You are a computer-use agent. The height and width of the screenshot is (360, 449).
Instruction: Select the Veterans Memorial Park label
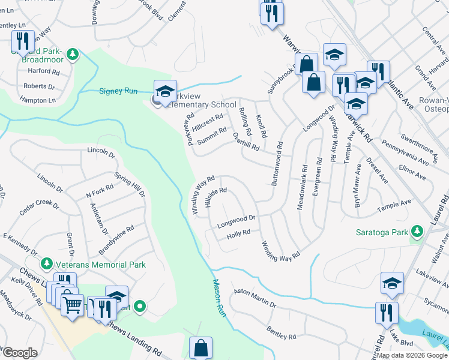click(x=94, y=265)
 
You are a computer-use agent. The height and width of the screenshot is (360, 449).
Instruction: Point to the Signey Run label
click(x=118, y=91)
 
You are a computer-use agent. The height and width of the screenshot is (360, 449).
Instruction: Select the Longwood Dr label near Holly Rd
click(x=237, y=223)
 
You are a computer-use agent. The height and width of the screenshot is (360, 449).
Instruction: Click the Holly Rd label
click(x=238, y=235)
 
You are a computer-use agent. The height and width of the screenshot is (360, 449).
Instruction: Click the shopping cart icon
click(x=72, y=305)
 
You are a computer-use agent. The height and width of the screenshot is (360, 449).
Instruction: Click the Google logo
click(x=19, y=353)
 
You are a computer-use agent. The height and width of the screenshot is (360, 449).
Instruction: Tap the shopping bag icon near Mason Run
click(x=200, y=348)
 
